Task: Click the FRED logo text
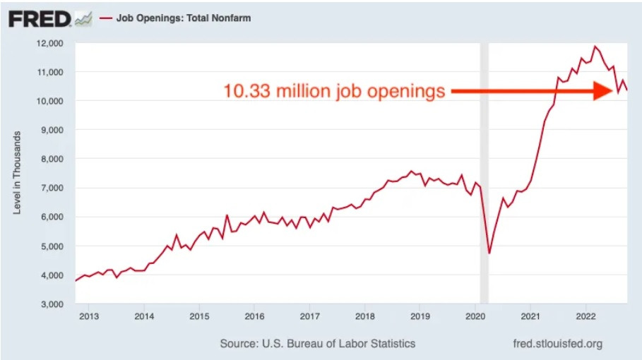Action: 40,18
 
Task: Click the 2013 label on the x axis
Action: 88,316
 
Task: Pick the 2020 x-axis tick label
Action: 475,316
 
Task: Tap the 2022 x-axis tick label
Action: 585,316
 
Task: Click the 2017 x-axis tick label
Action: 309,316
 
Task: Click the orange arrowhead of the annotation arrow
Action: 604,90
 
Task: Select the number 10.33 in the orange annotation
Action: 245,91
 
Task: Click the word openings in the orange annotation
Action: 408,92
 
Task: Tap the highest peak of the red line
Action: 595,47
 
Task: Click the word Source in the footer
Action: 239,344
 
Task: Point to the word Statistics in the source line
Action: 391,344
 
